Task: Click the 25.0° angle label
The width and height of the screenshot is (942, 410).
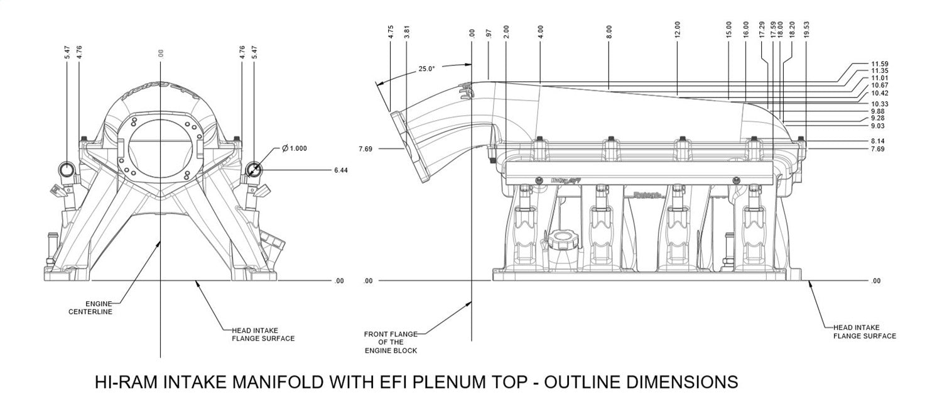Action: pos(426,69)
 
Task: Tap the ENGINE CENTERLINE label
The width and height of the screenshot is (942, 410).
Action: pos(90,307)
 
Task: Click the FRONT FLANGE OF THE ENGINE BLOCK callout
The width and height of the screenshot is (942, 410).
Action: pos(390,341)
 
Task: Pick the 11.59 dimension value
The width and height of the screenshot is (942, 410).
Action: pos(881,64)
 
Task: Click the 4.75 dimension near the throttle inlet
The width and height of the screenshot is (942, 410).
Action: pos(391,33)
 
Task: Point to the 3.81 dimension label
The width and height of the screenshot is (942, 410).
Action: pos(408,33)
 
